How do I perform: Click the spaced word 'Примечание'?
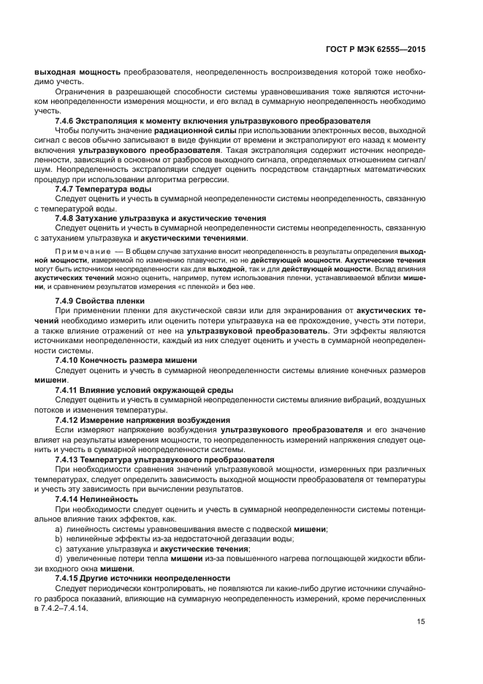pos(81,251)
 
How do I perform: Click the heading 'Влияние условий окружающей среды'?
pos(157,390)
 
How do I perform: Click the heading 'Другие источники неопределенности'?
pos(158,578)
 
